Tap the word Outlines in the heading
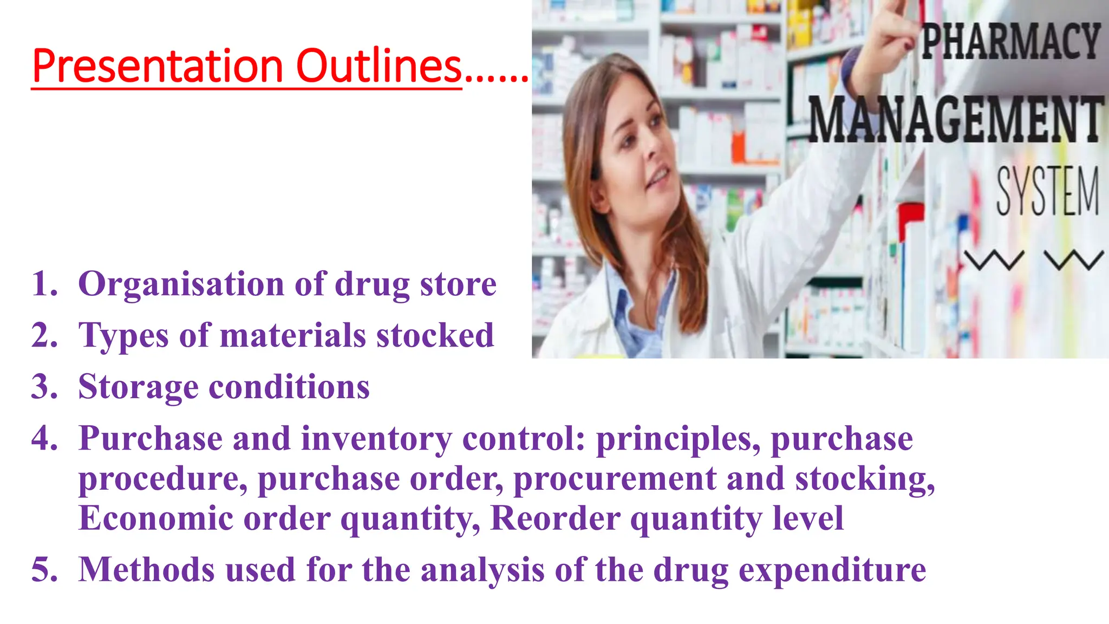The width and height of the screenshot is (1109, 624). [x=379, y=66]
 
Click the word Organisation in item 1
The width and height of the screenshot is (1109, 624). [x=181, y=284]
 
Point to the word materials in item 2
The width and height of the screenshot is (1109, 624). [x=293, y=335]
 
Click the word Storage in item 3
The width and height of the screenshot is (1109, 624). [x=138, y=387]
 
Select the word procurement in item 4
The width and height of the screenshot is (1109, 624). [x=615, y=479]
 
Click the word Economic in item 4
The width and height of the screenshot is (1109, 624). [x=156, y=518]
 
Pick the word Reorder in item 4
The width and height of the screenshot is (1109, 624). [x=555, y=518]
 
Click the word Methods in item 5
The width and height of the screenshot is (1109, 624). [x=146, y=570]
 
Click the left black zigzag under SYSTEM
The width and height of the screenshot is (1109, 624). [x=994, y=260]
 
